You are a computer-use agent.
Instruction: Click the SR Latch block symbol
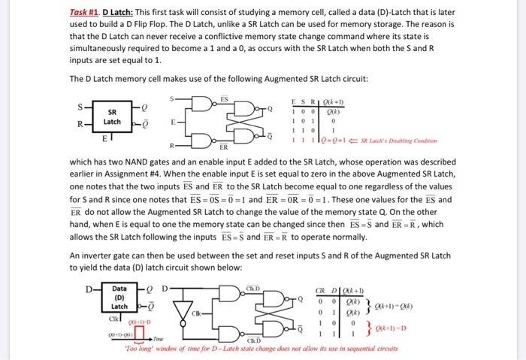click(x=112, y=116)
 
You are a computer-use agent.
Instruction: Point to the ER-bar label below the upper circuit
click(x=224, y=147)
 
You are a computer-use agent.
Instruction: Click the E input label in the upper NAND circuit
click(x=174, y=120)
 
